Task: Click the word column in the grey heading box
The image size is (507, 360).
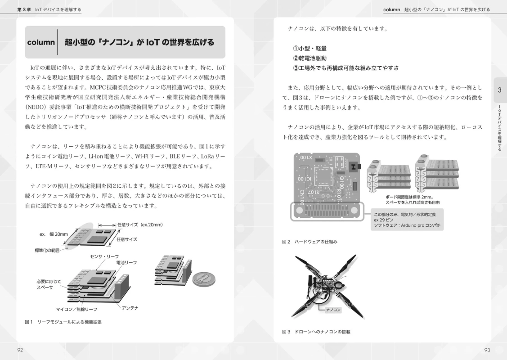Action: click(x=40, y=43)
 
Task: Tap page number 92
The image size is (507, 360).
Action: click(x=20, y=351)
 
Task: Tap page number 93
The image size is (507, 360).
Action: click(x=487, y=351)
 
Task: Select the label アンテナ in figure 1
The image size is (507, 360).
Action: click(x=130, y=307)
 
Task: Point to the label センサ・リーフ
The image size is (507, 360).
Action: click(x=104, y=256)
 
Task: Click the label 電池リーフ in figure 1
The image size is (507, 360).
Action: click(x=126, y=262)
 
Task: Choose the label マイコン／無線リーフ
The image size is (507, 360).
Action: click(x=76, y=310)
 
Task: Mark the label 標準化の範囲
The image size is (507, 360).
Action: click(x=47, y=250)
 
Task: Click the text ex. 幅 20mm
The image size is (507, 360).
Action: click(x=54, y=234)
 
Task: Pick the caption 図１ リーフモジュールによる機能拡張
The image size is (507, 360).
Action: click(x=63, y=322)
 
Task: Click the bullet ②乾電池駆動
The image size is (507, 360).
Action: click(x=310, y=58)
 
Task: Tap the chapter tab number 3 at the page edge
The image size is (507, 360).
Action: click(x=499, y=90)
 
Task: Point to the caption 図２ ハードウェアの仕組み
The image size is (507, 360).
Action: click(x=310, y=242)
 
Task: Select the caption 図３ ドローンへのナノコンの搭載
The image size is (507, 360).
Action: click(x=316, y=332)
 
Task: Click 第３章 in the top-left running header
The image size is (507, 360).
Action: click(x=24, y=9)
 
